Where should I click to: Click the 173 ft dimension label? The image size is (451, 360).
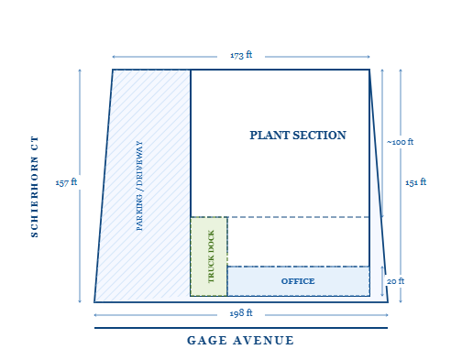pos(241,55)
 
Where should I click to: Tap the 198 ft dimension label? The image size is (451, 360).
pos(241,313)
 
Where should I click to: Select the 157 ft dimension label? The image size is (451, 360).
pos(66,182)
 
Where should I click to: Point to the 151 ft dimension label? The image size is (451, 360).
pos(415,182)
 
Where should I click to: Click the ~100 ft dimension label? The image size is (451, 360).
pos(400,142)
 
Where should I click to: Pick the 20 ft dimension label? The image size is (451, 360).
pos(395,281)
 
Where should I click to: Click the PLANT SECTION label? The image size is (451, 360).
pos(298,136)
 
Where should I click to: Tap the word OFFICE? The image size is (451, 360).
pos(298,281)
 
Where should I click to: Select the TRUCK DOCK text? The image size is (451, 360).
pos(211,256)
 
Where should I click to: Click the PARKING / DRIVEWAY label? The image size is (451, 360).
pos(139,186)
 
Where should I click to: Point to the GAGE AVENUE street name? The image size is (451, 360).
pos(240,341)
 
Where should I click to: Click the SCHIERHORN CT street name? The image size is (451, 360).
pos(35,187)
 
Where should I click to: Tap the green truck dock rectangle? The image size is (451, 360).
pos(209,256)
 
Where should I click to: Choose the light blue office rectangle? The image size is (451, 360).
pos(299,281)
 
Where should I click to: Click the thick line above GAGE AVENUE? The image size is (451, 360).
pos(241,328)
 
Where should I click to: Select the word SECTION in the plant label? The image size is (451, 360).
pos(319,136)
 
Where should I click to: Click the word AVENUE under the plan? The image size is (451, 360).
pos(264,341)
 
